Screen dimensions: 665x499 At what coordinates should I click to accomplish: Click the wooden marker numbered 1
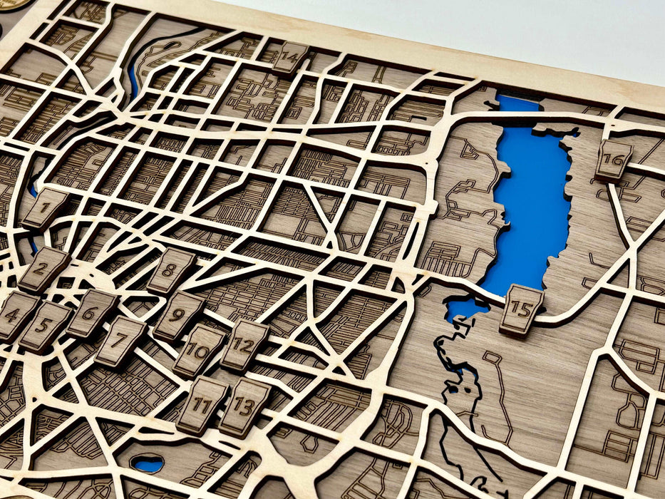pyautogui.click(x=44, y=208)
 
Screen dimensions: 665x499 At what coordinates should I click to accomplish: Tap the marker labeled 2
pyautogui.click(x=42, y=269)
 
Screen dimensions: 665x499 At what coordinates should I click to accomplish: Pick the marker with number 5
pyautogui.click(x=44, y=326)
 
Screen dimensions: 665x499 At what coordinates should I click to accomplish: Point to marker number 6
pyautogui.click(x=91, y=313)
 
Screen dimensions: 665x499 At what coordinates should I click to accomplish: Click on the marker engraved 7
pyautogui.click(x=120, y=341)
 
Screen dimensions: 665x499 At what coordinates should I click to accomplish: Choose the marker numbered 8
pyautogui.click(x=170, y=271)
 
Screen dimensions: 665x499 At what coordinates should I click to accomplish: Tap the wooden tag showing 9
pyautogui.click(x=178, y=315)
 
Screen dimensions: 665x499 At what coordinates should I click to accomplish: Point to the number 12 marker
pyautogui.click(x=244, y=345)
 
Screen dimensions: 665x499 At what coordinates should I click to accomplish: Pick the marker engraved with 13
pyautogui.click(x=244, y=407)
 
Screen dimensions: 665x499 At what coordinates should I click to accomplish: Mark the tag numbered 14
pyautogui.click(x=289, y=57)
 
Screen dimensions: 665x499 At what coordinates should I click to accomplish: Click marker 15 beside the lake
pyautogui.click(x=521, y=310)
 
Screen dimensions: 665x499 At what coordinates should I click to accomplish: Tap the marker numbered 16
pyautogui.click(x=613, y=160)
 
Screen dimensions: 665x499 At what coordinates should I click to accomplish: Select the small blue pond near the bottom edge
pyautogui.click(x=148, y=464)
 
